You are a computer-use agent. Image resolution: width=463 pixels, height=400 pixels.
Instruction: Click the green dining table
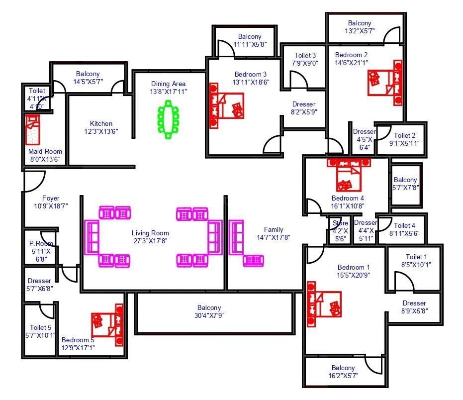[169, 119]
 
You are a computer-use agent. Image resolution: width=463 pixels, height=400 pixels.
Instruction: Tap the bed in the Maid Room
[33, 130]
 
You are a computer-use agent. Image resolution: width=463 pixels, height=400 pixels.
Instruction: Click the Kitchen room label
[101, 123]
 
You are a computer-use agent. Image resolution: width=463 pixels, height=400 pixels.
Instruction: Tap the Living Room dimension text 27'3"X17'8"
[150, 241]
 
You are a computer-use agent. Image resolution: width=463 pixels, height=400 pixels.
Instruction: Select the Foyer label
[51, 198]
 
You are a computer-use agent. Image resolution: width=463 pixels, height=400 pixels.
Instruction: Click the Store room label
[340, 223]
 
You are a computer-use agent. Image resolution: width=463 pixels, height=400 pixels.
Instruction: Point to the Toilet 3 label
[305, 55]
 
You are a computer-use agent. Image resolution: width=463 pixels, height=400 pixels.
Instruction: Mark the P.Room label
[38, 244]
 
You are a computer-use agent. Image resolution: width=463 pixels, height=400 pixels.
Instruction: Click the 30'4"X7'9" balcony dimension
[209, 315]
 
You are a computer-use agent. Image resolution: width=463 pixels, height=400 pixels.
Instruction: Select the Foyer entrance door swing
[34, 180]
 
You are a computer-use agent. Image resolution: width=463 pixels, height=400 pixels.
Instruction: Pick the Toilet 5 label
[40, 327]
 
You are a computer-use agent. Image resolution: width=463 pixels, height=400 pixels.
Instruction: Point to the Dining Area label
[168, 84]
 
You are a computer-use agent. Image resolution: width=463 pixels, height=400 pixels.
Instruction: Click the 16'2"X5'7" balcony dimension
[343, 376]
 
